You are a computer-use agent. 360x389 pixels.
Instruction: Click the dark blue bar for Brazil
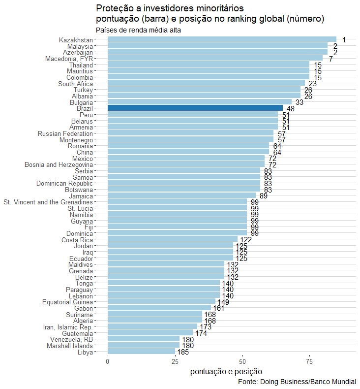point(195,108)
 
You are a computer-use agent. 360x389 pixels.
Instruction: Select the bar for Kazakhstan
point(221,39)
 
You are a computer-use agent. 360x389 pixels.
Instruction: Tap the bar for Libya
point(141,352)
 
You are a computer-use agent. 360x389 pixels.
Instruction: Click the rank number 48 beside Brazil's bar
point(290,108)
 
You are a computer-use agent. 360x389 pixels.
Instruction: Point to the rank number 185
point(183,352)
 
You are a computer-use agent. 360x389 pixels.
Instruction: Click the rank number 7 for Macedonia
point(331,59)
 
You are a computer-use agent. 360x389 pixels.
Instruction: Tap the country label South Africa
point(75,84)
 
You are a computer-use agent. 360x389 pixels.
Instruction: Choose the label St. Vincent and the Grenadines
point(48,202)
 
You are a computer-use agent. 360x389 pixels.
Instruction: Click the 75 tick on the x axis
point(309,362)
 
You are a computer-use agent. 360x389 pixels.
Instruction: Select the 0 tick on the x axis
point(108,362)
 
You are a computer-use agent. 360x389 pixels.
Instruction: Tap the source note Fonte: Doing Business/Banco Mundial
point(297,382)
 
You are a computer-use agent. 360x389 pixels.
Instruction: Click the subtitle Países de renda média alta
point(139,30)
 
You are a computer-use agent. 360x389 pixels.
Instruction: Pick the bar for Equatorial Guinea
point(161,302)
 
